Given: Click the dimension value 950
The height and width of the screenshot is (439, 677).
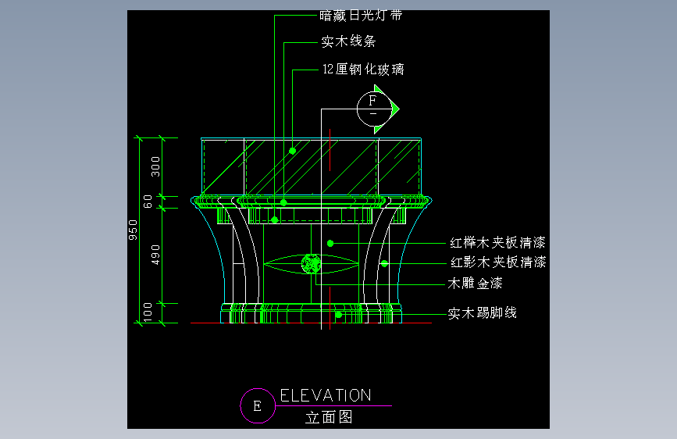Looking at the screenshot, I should (134, 231).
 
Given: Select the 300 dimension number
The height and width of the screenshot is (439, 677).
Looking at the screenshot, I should (155, 166).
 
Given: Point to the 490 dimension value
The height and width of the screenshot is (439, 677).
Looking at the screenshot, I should (155, 255).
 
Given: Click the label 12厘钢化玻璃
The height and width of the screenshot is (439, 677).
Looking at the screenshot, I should (363, 70).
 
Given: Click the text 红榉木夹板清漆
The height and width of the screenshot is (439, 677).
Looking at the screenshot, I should (497, 242).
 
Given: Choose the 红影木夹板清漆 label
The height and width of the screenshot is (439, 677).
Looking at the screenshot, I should (497, 262).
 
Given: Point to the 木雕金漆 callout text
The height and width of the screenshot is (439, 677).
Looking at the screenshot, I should (475, 283).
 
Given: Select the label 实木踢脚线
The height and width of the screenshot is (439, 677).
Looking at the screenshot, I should (482, 313).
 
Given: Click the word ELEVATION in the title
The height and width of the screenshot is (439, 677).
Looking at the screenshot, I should (326, 395).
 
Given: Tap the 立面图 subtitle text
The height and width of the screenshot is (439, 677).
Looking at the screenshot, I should (329, 417).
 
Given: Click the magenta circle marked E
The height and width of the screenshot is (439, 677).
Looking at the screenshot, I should (257, 405).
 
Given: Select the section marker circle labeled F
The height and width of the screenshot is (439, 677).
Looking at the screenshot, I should (372, 107).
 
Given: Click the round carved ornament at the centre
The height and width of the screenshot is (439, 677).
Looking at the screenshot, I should (312, 264).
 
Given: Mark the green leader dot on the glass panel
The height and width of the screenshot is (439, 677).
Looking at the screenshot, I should (292, 150).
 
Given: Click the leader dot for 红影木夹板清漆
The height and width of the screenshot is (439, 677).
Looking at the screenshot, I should (384, 263).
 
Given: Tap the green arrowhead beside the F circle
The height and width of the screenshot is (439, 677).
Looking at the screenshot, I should (394, 107).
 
